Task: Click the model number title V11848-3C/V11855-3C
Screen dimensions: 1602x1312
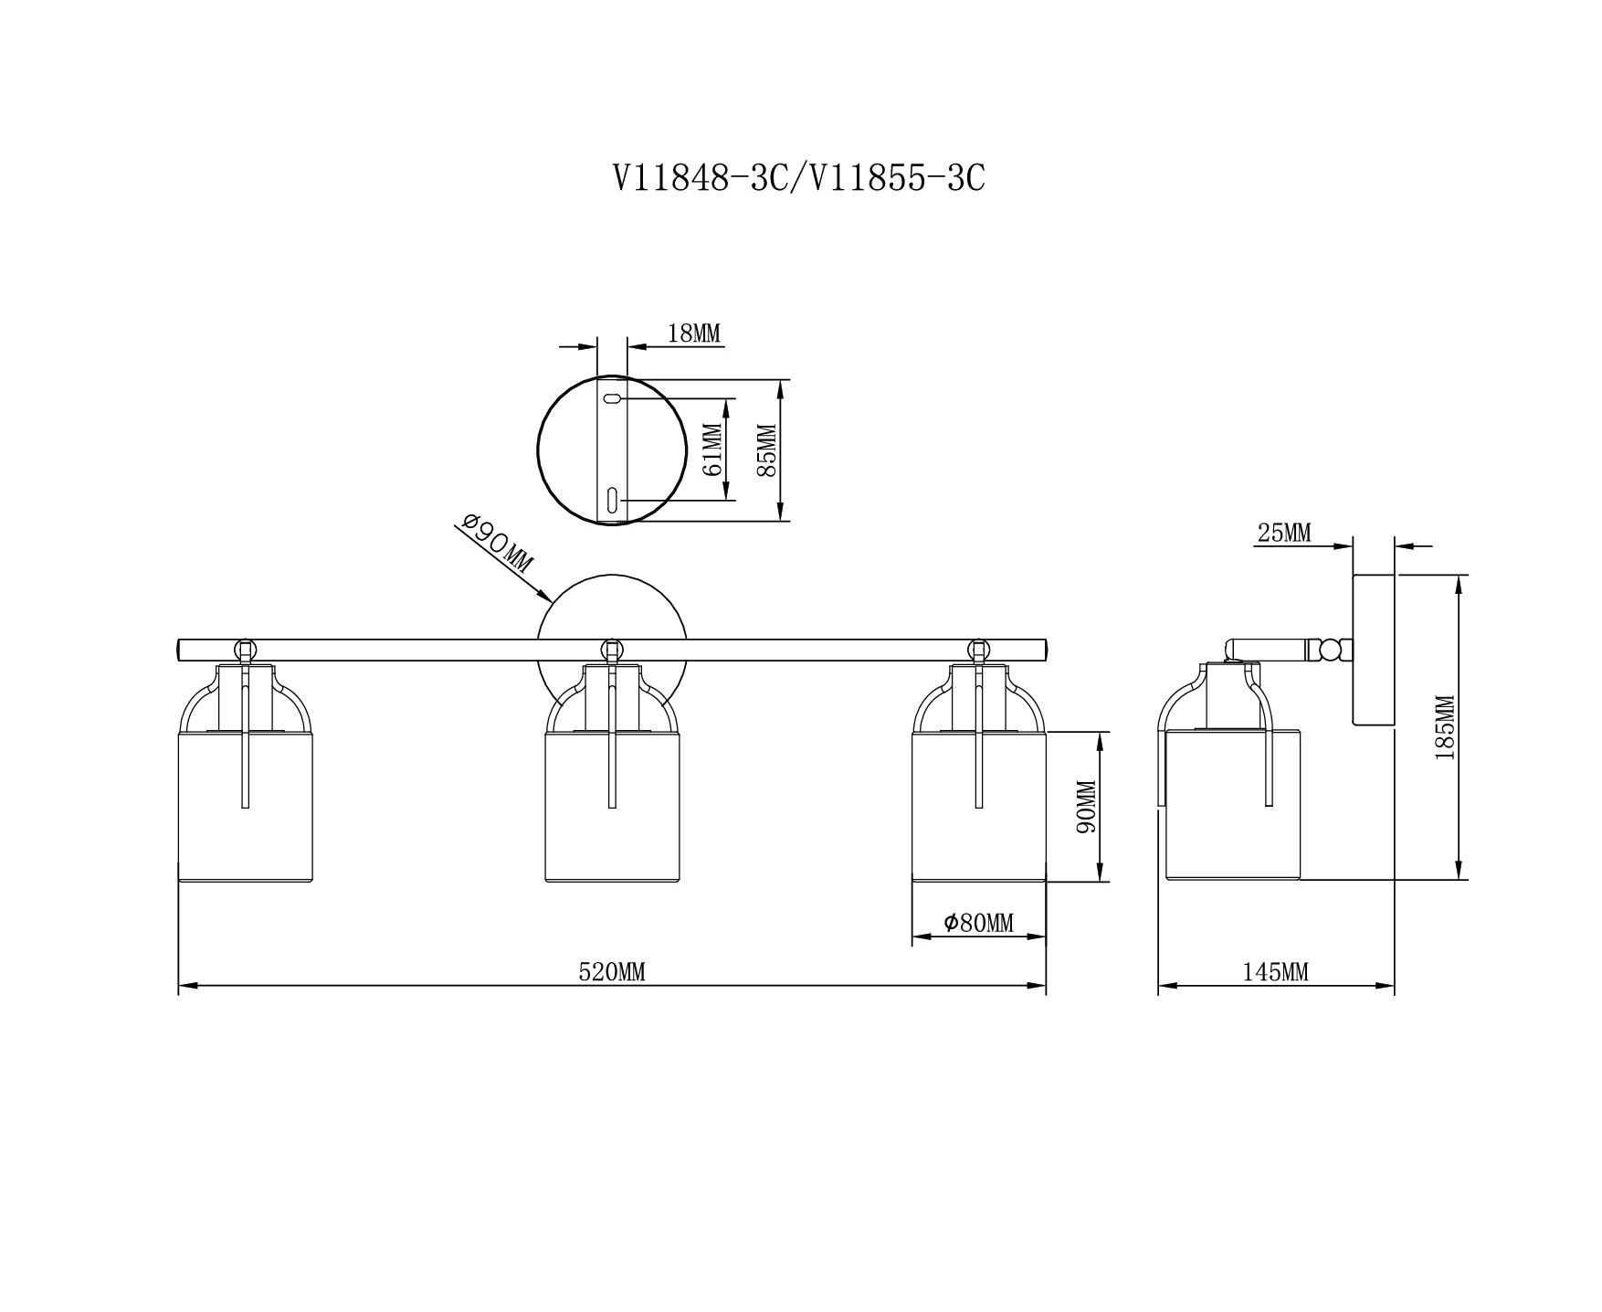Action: pyautogui.click(x=799, y=178)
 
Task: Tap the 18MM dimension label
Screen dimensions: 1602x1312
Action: pyautogui.click(x=694, y=333)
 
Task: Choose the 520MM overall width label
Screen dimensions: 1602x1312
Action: pyautogui.click(x=612, y=972)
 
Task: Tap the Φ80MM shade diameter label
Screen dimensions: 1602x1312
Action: pyautogui.click(x=979, y=923)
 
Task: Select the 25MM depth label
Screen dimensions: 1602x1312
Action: pyautogui.click(x=1284, y=533)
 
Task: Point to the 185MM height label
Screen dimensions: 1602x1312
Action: pyautogui.click(x=1445, y=728)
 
